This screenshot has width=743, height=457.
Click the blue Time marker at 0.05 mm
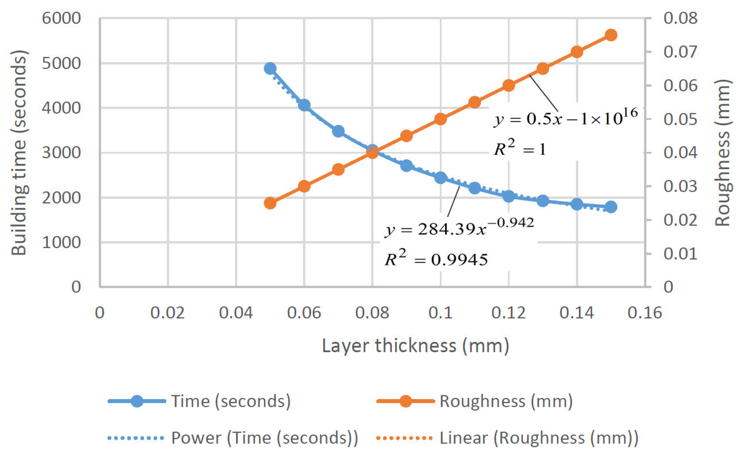(270, 69)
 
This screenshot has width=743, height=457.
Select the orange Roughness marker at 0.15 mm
(611, 35)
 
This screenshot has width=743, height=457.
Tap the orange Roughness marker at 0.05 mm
(270, 203)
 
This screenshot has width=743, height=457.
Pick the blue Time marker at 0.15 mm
(611, 207)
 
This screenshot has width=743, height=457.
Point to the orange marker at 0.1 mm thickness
(441, 119)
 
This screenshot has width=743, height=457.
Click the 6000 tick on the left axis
(61, 18)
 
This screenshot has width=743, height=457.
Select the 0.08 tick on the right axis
(680, 18)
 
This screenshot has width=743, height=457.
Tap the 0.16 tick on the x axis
(645, 313)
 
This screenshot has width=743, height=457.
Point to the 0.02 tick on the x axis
(167, 313)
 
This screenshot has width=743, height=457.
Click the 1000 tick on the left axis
(61, 243)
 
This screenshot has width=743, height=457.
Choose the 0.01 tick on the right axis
(680, 253)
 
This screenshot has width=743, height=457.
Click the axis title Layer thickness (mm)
(416, 345)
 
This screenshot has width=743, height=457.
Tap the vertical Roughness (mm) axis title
(723, 153)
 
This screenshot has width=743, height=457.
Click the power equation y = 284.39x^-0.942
(459, 229)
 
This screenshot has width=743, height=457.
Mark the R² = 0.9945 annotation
(436, 259)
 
